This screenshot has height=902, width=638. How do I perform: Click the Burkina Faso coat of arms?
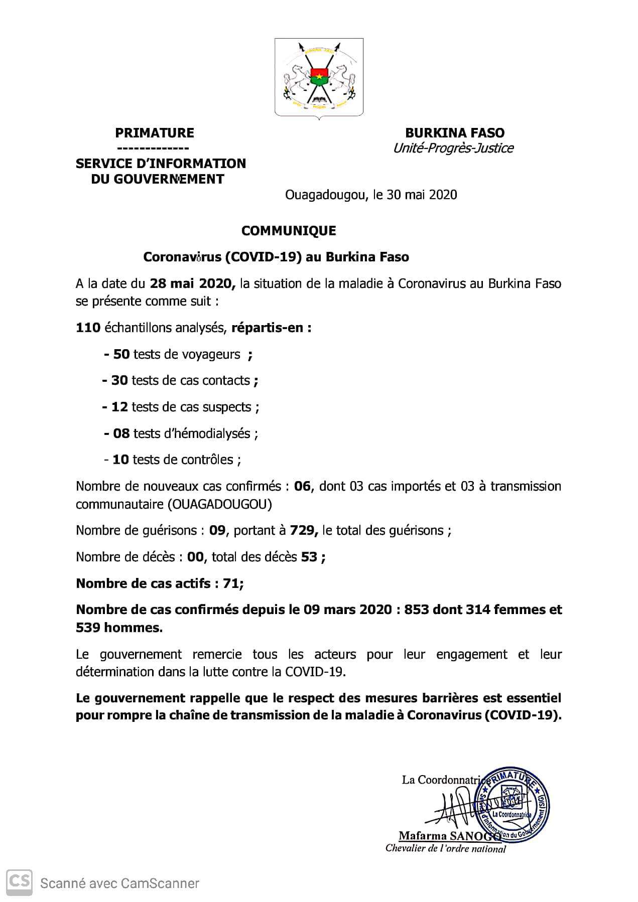pyautogui.click(x=319, y=78)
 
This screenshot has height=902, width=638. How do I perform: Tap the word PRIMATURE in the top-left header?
pyautogui.click(x=155, y=133)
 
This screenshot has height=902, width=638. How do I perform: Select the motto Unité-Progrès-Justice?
pyautogui.click(x=453, y=148)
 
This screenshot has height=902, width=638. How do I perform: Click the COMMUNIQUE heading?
pyautogui.click(x=289, y=231)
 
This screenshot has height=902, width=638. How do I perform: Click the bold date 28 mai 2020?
pyautogui.click(x=192, y=284)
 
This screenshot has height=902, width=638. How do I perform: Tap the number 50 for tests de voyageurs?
pyautogui.click(x=121, y=354)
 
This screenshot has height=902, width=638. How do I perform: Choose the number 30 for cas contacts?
pyautogui.click(x=119, y=380)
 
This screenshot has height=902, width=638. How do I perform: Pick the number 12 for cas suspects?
pyautogui.click(x=119, y=407)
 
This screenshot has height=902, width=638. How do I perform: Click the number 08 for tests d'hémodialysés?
pyautogui.click(x=121, y=433)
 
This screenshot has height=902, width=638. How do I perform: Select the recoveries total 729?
pyautogui.click(x=302, y=531)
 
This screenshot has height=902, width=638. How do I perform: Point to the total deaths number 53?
pyautogui.click(x=309, y=557)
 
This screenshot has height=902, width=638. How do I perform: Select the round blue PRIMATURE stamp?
pyautogui.click(x=513, y=808)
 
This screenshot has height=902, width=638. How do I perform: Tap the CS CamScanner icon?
pyautogui.click(x=19, y=883)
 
